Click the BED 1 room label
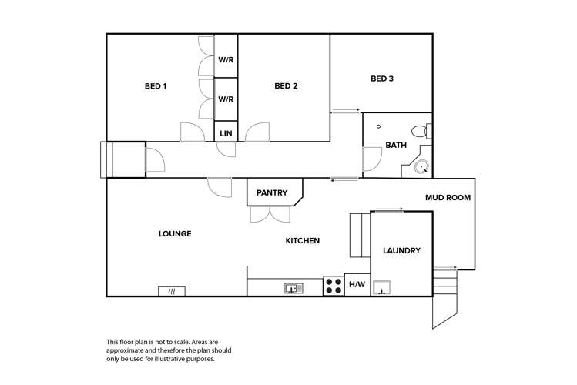pyautogui.click(x=155, y=86)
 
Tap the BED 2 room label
pyautogui.click(x=286, y=86)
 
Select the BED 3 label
pyautogui.click(x=382, y=79)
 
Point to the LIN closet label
pyautogui.click(x=226, y=133)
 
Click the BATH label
pyautogui.click(x=396, y=145)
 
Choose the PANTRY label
pyautogui.click(x=272, y=192)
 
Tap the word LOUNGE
pyautogui.click(x=175, y=234)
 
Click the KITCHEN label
pyautogui.click(x=303, y=241)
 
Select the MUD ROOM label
pyautogui.click(x=448, y=198)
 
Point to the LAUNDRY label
pyautogui.click(x=401, y=251)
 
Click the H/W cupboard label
pyautogui.click(x=357, y=286)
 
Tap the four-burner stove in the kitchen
pyautogui.click(x=334, y=286)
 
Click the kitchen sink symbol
pyautogui.click(x=294, y=288)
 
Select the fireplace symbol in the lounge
pyautogui.click(x=172, y=291)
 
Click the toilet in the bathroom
pyautogui.click(x=420, y=130)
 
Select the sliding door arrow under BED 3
pyautogui.click(x=346, y=112)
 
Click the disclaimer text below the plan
pyautogui.click(x=168, y=350)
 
